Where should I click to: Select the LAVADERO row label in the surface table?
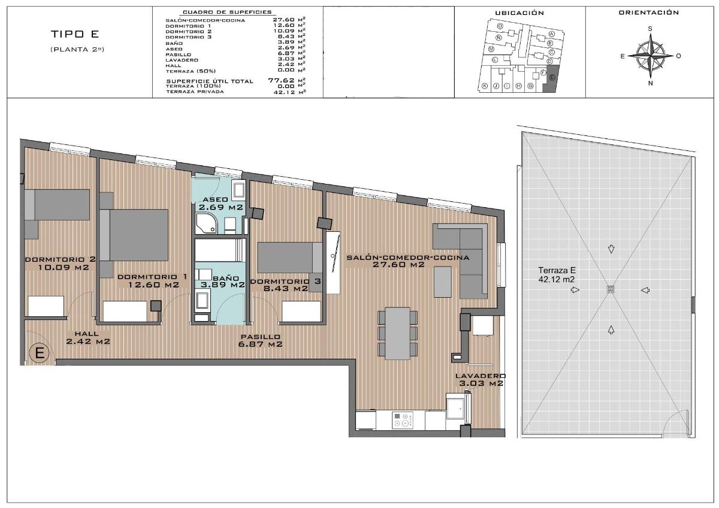182,59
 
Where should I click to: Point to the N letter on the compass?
650,83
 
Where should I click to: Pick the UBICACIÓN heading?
519,13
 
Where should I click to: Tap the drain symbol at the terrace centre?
611,289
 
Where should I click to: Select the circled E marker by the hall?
40,353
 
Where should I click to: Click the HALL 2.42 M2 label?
87,338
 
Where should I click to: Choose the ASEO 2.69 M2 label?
220,203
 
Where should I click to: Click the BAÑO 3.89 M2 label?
221,282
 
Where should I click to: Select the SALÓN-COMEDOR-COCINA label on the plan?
407,261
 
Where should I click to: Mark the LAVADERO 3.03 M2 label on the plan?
481,380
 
